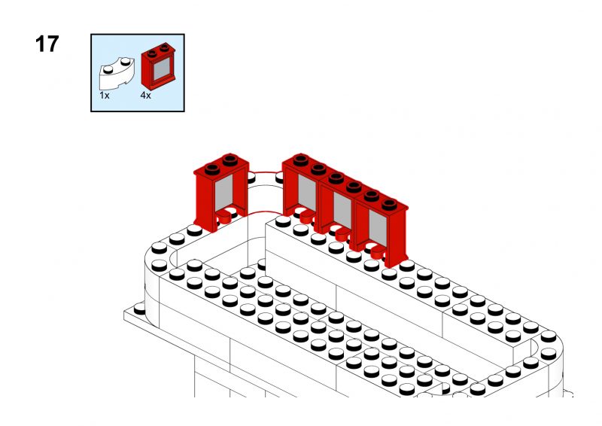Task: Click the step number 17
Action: point(47,44)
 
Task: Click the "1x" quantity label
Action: point(105,96)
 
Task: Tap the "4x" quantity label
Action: point(145,96)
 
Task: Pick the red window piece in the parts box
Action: point(158,66)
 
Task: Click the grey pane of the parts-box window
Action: point(162,69)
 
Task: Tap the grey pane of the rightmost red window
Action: point(378,228)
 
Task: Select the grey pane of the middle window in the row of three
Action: point(342,210)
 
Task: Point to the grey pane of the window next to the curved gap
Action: point(307,193)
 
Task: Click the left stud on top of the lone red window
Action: point(212,169)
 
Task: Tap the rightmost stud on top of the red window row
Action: point(389,204)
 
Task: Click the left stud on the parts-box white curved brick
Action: point(108,69)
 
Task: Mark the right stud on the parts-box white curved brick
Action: point(125,61)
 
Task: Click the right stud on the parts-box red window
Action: point(165,47)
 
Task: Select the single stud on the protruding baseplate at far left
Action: point(140,309)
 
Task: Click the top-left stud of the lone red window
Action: point(212,169)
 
